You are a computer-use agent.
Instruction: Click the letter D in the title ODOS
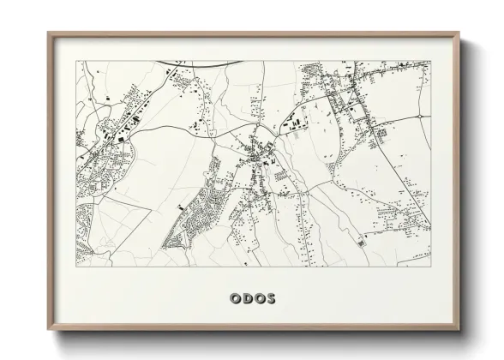(x=245, y=298)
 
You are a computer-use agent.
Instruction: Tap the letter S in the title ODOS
(x=271, y=298)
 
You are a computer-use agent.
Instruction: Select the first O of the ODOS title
(x=233, y=298)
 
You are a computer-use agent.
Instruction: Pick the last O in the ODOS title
(x=258, y=298)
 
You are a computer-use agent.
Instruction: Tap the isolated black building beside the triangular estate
(x=179, y=207)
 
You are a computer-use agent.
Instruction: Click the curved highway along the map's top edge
(x=206, y=63)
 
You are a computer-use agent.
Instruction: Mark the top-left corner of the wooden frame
(x=48, y=33)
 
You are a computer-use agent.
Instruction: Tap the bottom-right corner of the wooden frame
(x=460, y=330)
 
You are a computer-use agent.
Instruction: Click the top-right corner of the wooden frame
(x=460, y=33)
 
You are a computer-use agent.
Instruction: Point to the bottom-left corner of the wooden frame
(x=48, y=330)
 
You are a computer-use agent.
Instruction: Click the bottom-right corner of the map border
(x=429, y=266)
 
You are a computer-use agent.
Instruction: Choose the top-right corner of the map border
(x=429, y=61)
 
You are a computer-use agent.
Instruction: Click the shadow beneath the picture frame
(x=257, y=338)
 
